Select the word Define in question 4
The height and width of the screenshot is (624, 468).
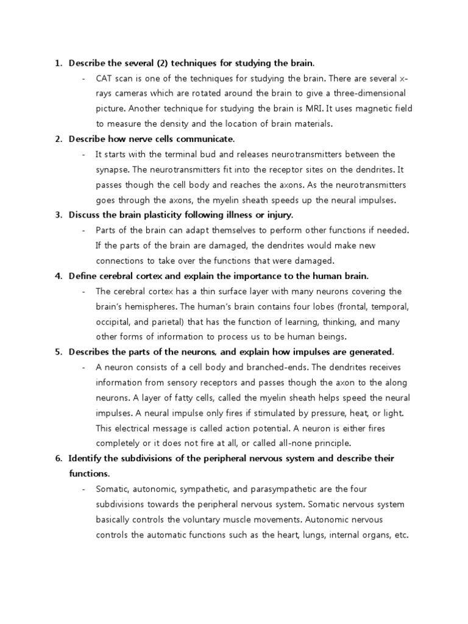82,275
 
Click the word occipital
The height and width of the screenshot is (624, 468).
113,321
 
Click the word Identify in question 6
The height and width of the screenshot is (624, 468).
85,458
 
